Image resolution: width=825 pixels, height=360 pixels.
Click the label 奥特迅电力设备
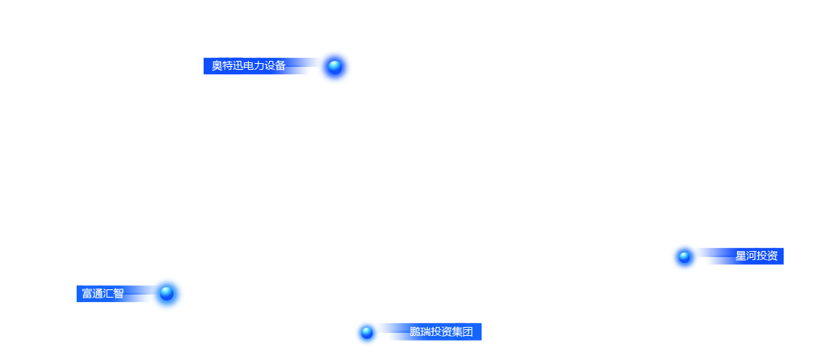pos(249,65)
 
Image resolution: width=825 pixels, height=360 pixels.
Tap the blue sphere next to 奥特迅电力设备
pos(334,66)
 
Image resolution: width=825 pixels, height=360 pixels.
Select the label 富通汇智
pos(103,293)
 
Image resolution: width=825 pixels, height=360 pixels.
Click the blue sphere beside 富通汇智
pos(167,293)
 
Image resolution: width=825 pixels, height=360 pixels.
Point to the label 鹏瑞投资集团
pos(441,331)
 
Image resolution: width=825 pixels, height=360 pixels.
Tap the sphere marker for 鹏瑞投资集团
pos(367,332)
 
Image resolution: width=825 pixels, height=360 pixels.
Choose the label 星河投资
pos(757,256)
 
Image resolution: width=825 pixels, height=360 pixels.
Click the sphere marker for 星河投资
pos(684,257)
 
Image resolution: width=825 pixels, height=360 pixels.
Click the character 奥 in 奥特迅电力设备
pos(217,65)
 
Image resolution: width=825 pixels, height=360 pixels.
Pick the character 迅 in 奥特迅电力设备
pos(239,65)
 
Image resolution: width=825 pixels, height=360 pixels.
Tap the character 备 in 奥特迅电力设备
pos(280,65)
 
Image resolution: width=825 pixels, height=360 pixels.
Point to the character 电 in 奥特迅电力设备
pos(249,65)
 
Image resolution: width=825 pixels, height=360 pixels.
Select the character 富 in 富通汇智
pos(87,293)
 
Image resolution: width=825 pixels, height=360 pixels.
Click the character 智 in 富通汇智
pos(119,293)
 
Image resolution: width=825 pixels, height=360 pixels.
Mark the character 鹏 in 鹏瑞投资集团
pos(415,331)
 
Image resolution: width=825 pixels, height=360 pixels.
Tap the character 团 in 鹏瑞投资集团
pos(467,331)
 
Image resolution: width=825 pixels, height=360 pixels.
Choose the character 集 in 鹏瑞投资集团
pos(457,331)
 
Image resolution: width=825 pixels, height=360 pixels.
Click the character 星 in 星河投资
pos(741,256)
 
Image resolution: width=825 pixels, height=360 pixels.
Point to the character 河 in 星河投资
pos(751,256)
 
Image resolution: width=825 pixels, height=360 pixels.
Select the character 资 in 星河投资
pos(772,256)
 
